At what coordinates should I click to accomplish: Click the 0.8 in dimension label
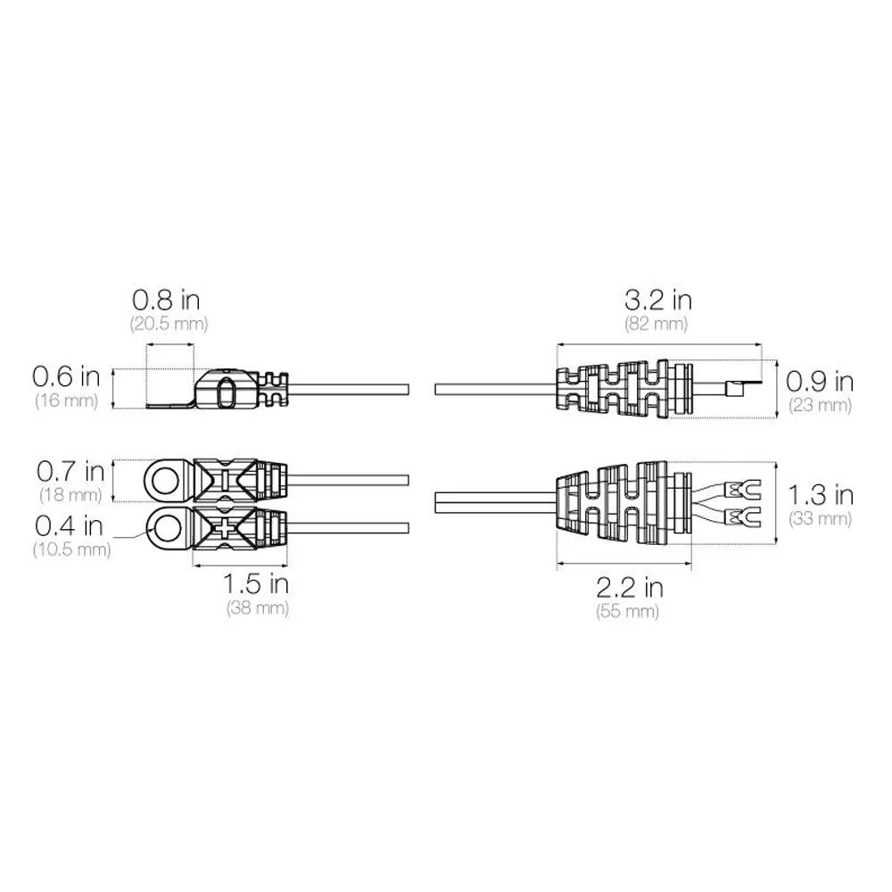point(166,300)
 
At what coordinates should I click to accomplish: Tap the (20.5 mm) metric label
point(169,324)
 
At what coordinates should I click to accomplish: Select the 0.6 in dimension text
point(66,376)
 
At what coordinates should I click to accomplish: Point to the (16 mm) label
point(67,401)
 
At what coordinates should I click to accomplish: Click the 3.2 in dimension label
point(658,300)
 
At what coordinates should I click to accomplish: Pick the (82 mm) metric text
point(656,324)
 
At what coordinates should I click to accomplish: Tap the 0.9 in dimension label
point(820,382)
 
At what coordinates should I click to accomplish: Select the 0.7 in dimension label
point(70,471)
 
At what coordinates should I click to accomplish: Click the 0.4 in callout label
point(69,525)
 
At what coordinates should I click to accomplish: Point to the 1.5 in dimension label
point(255,583)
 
